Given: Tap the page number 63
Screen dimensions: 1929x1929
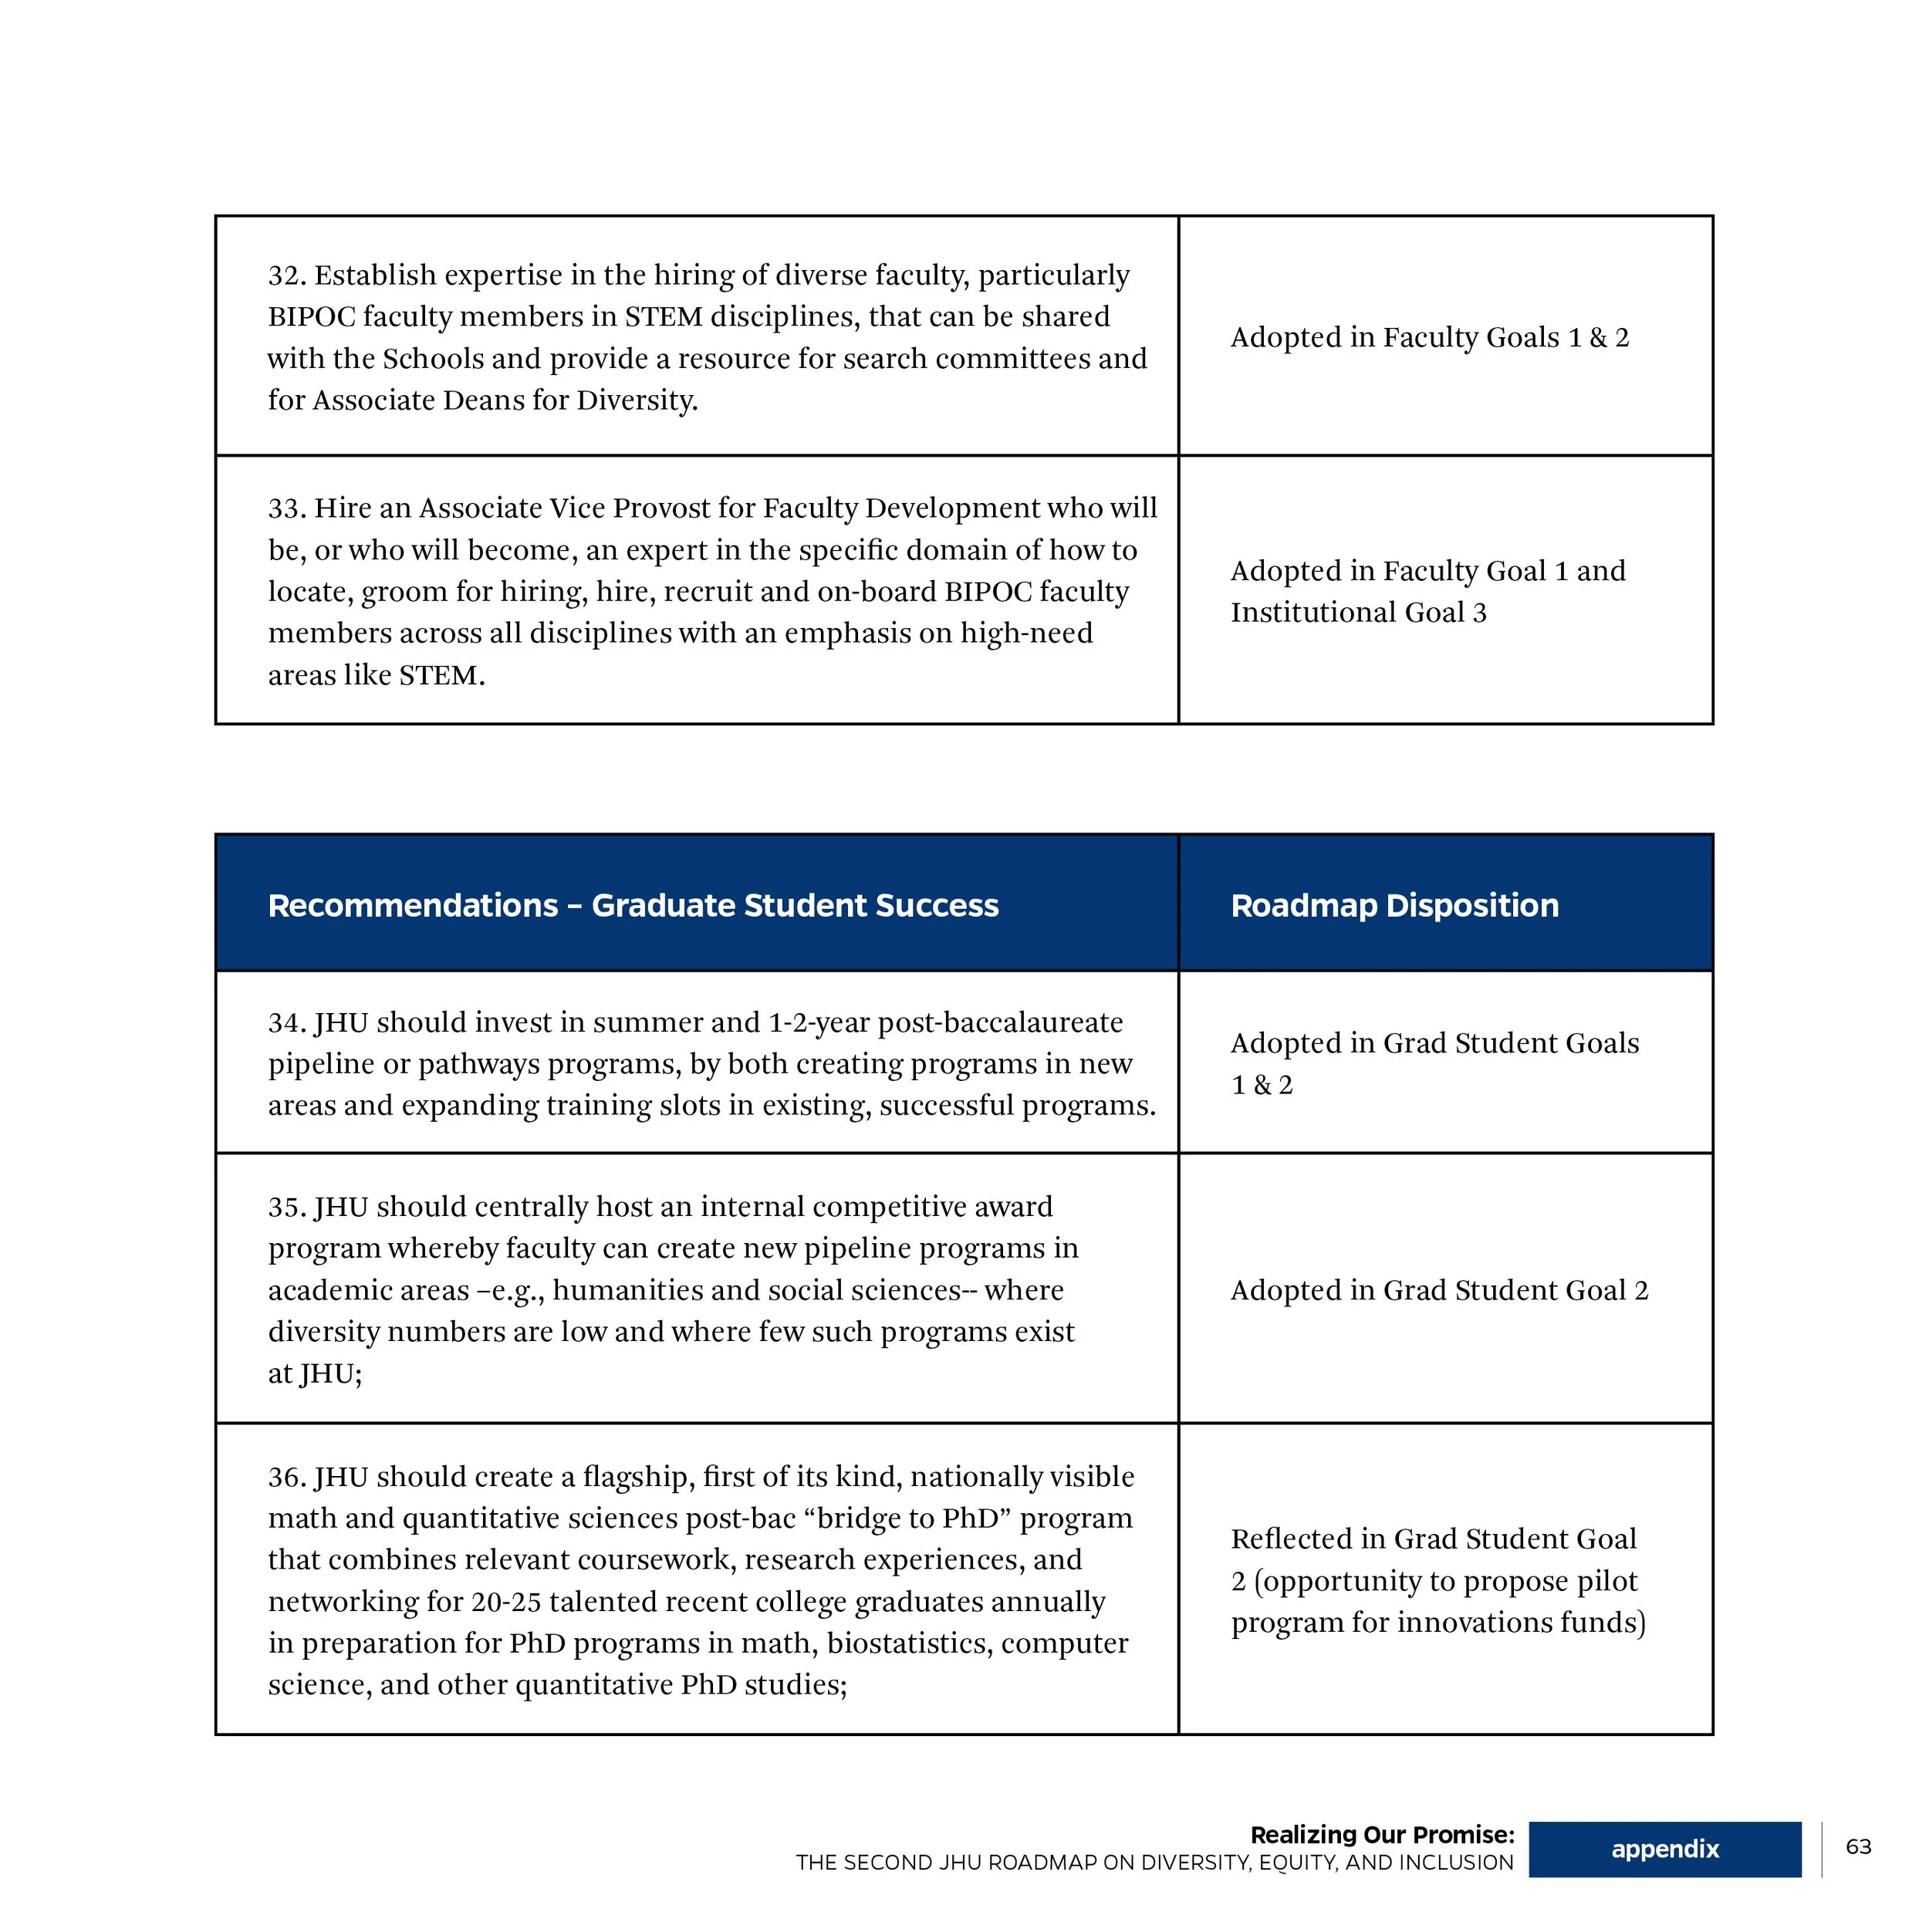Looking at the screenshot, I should click(x=1858, y=1846).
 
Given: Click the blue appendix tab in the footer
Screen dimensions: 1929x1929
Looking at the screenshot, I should click(x=1664, y=1849).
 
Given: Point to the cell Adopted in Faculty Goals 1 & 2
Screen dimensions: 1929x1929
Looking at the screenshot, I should click(x=1429, y=337).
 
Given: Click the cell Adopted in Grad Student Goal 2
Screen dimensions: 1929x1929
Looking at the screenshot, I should click(x=1439, y=1290).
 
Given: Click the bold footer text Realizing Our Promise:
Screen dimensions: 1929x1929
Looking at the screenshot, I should click(x=1382, y=1834).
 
